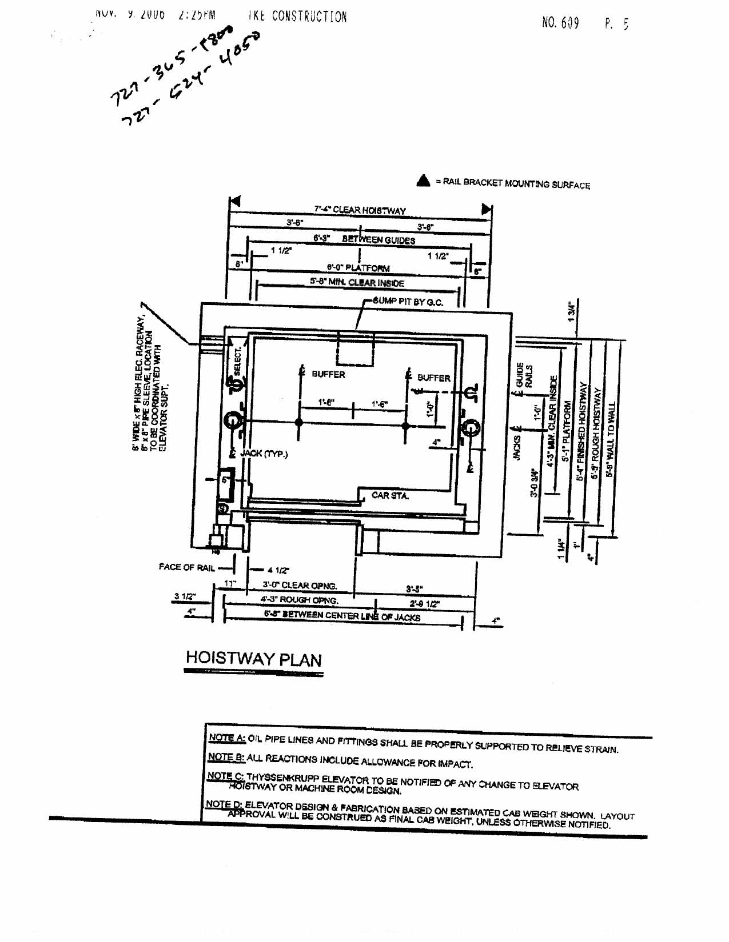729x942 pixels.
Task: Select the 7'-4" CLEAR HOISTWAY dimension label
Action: point(360,210)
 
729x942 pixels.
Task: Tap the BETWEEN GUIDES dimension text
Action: point(378,240)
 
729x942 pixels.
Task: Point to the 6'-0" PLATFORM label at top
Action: point(358,268)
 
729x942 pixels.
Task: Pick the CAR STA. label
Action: point(390,495)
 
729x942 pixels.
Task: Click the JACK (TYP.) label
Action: point(264,454)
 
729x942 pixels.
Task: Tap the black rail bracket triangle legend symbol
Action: point(423,181)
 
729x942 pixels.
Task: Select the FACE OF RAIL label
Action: point(186,567)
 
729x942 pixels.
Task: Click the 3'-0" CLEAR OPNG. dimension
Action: point(300,586)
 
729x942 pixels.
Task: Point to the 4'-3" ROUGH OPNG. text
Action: point(299,600)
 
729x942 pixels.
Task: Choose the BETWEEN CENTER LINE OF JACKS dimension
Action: point(342,616)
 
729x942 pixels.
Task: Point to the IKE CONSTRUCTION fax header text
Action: point(297,17)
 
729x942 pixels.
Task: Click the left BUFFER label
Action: point(328,375)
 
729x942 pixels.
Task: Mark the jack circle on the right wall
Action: point(471,427)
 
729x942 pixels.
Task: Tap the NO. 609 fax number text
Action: point(560,23)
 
